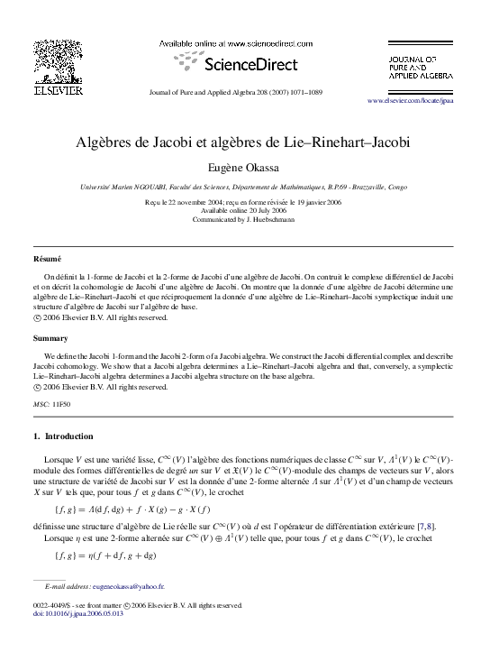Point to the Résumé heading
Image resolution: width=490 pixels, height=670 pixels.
[x=47, y=259]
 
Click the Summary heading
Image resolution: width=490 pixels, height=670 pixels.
[x=50, y=338]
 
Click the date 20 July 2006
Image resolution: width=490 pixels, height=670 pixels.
[x=258, y=211]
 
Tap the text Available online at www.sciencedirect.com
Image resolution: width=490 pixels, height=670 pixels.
[x=236, y=43]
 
